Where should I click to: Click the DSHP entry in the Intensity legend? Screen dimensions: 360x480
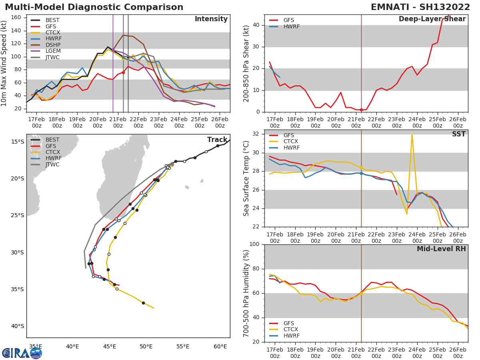(x=52, y=45)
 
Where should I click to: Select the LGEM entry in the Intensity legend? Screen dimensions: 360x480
(x=52, y=51)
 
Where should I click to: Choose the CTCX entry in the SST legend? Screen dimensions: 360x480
(x=291, y=142)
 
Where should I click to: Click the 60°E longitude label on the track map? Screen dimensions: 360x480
(x=220, y=346)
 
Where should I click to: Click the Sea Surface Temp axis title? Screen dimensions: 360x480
(x=246, y=178)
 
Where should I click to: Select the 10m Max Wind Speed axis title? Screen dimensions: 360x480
(x=4, y=63)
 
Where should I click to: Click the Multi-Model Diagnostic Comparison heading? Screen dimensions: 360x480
(x=94, y=7)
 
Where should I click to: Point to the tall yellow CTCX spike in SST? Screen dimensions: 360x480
(x=412, y=135)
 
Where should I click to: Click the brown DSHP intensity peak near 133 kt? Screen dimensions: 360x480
(x=123, y=35)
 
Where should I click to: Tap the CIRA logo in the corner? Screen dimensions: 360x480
(x=22, y=353)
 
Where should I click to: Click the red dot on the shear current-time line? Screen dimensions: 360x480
(x=361, y=110)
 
